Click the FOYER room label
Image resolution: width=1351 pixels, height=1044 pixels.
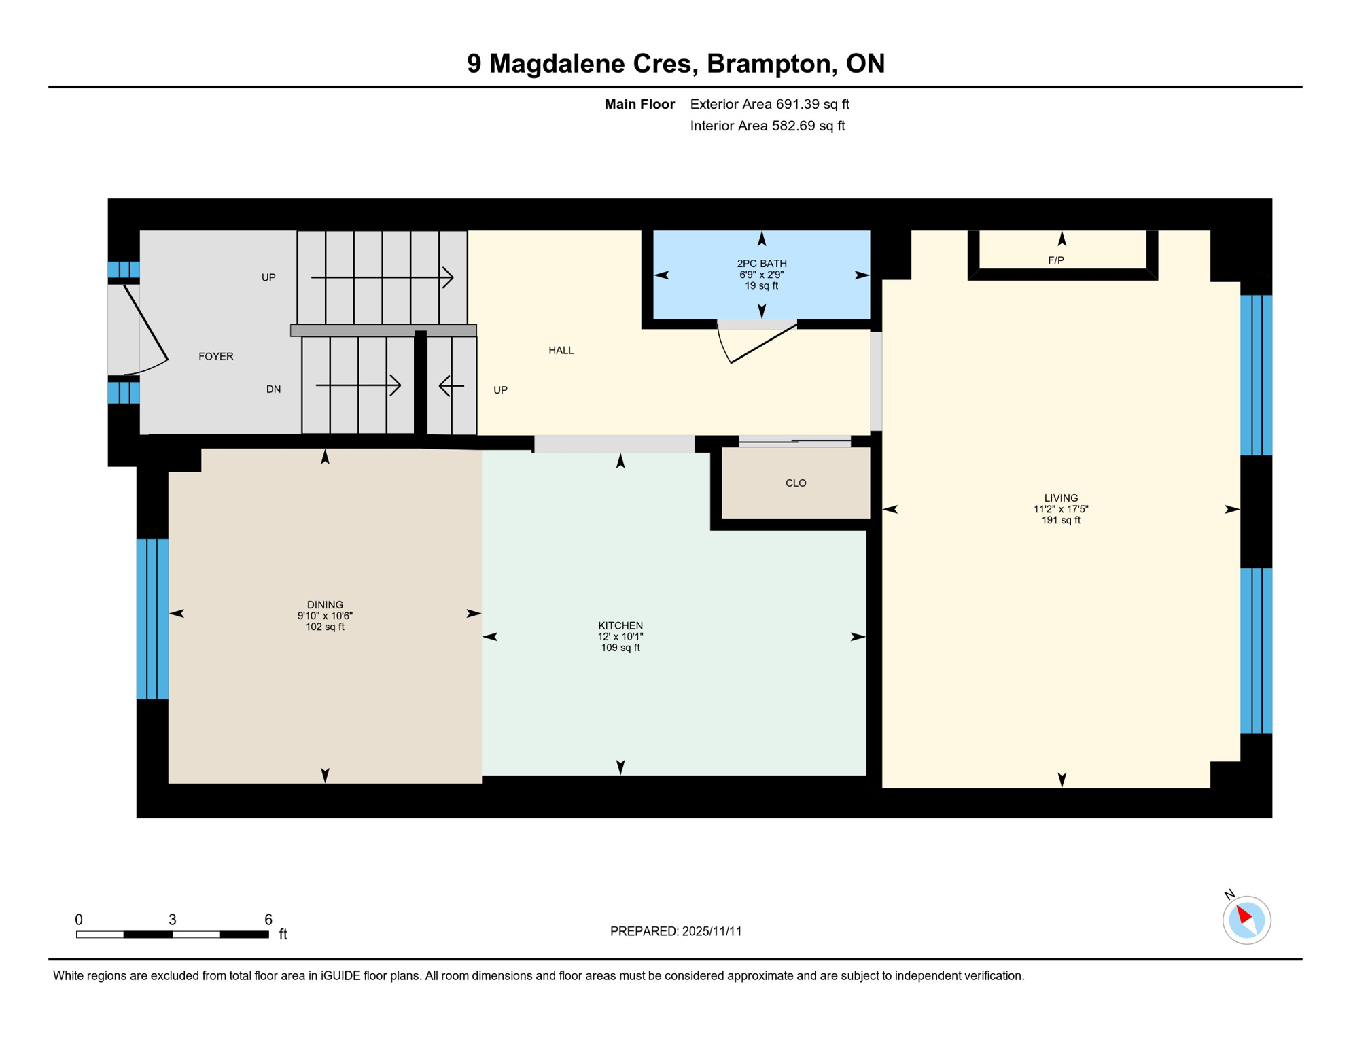tap(215, 356)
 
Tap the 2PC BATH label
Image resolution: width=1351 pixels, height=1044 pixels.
tap(761, 264)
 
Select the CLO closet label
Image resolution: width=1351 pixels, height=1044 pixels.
tap(795, 483)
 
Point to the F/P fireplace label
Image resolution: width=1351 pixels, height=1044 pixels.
tap(1055, 260)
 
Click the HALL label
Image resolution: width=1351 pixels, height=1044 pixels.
tap(561, 350)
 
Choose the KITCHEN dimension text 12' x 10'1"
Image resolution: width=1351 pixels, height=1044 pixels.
tap(620, 637)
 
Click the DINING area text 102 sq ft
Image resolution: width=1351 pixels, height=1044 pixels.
tap(325, 627)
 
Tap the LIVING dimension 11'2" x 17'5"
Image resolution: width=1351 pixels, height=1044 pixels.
tap(1060, 509)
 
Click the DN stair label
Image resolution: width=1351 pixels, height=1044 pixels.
tap(273, 389)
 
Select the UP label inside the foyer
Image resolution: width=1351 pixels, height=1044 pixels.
tap(268, 277)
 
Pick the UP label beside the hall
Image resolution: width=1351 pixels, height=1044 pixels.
tap(500, 390)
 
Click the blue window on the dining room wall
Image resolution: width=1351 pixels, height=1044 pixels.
tap(152, 619)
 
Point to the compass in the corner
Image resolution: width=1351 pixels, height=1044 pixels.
tap(1246, 920)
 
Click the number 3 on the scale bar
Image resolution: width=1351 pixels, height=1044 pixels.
tap(173, 920)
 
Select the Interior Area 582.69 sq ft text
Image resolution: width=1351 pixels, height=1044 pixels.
tap(767, 126)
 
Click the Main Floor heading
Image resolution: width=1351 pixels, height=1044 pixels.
tap(639, 104)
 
